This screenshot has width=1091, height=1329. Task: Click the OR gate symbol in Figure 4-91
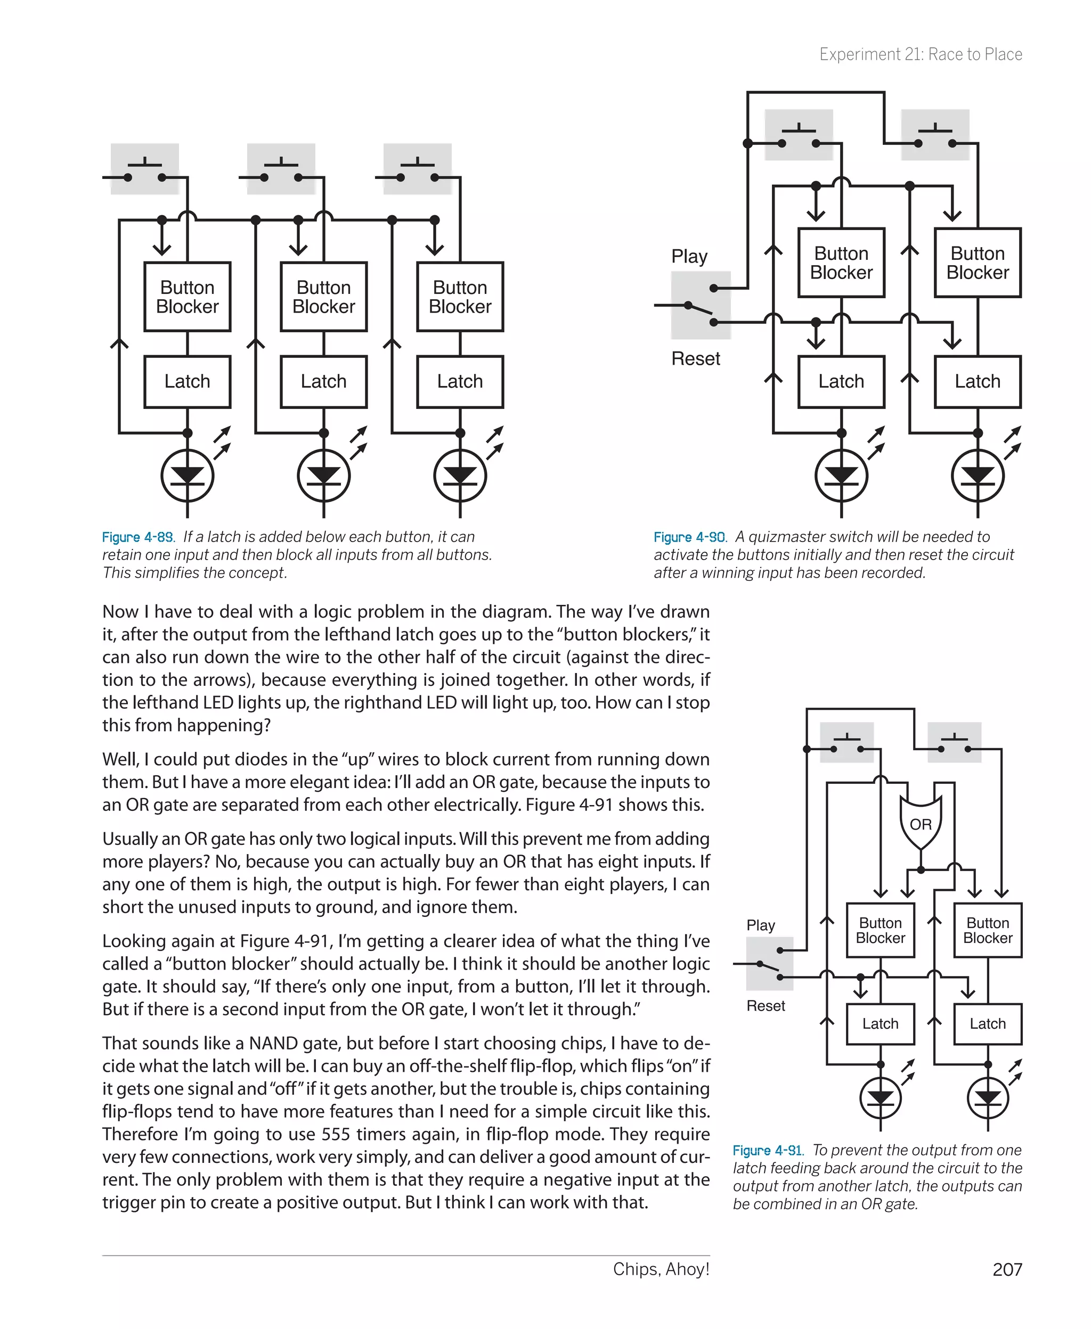pyautogui.click(x=921, y=823)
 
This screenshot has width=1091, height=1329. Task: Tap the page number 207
pyautogui.click(x=1007, y=1270)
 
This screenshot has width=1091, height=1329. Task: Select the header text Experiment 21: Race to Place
pyautogui.click(x=920, y=55)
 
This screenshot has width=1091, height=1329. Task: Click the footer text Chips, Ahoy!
pyautogui.click(x=661, y=1269)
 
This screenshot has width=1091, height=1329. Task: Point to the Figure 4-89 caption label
pyautogui.click(x=139, y=537)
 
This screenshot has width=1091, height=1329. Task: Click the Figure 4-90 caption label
pyautogui.click(x=690, y=537)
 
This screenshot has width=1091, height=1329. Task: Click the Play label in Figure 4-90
pyautogui.click(x=689, y=256)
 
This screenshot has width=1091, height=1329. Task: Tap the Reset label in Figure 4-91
pyautogui.click(x=766, y=1006)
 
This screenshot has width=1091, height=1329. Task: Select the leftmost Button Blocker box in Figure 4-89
pyautogui.click(x=188, y=297)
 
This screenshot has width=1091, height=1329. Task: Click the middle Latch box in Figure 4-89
pyautogui.click(x=324, y=381)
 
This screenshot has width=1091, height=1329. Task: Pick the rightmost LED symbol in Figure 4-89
pyautogui.click(x=460, y=475)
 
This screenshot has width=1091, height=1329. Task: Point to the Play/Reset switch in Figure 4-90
pyautogui.click(x=701, y=306)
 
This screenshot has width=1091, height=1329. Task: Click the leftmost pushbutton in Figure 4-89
pyautogui.click(x=144, y=169)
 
